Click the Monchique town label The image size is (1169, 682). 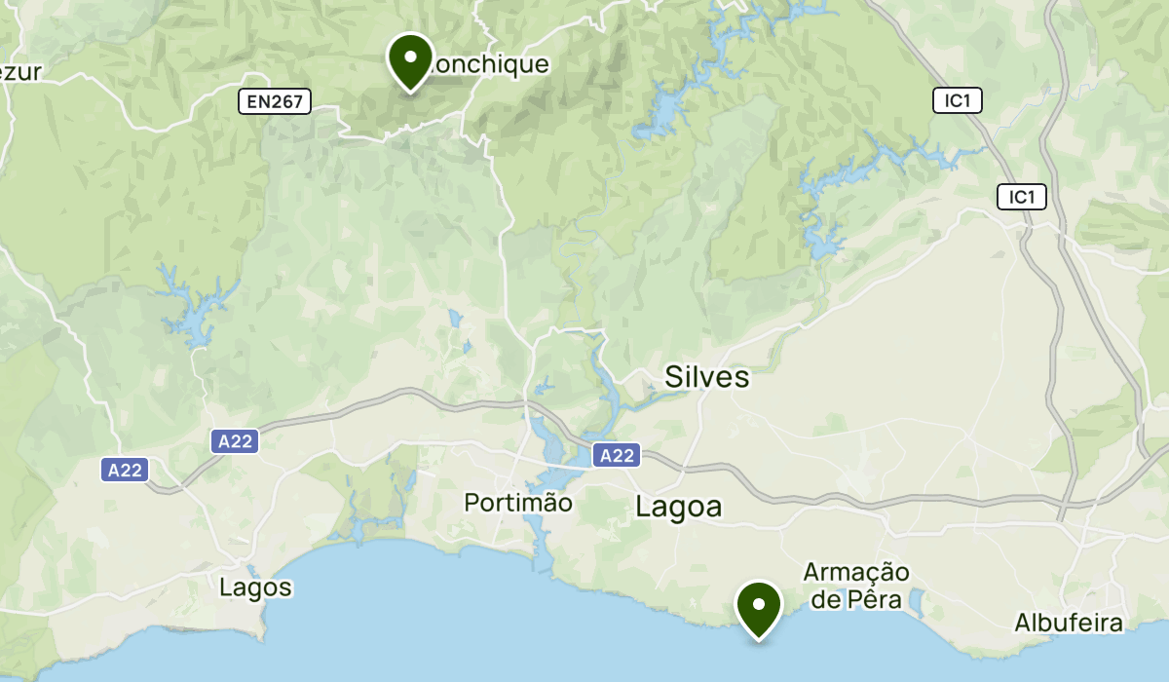click(487, 65)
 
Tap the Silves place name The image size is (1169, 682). click(707, 377)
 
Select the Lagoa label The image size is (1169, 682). click(679, 507)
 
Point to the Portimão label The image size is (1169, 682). click(517, 503)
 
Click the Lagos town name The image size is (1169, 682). click(255, 587)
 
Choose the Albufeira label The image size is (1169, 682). click(1069, 623)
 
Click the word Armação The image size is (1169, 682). click(856, 572)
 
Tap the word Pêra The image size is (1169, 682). click(871, 599)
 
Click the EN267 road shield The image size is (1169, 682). click(275, 100)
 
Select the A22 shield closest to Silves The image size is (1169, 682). click(617, 455)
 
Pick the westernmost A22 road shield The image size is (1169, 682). click(125, 471)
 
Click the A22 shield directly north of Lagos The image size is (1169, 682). click(235, 441)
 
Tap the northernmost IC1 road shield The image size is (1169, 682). click(958, 100)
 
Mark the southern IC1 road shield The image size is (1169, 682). click(1021, 198)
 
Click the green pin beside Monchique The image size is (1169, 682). click(410, 58)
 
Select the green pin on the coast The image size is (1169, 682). click(759, 606)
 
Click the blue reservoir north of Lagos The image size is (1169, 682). click(195, 312)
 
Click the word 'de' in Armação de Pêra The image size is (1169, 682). click(826, 599)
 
